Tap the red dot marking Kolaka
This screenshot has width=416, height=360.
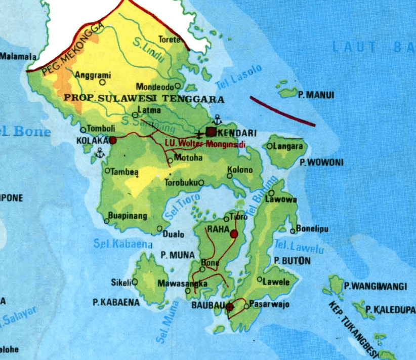click(x=113, y=140)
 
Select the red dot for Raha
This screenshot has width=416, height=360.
click(x=234, y=234)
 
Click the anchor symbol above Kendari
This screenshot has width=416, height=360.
click(x=217, y=121)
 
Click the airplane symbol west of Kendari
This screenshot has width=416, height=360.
click(x=199, y=134)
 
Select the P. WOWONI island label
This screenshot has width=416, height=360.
click(x=321, y=163)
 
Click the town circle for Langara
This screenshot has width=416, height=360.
click(x=270, y=146)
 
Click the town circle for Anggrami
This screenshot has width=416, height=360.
click(x=103, y=82)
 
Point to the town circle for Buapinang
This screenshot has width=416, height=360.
click(x=107, y=221)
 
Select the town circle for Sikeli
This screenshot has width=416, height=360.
click(x=135, y=282)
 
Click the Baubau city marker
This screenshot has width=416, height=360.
click(x=229, y=306)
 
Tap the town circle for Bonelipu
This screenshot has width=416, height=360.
click(x=293, y=231)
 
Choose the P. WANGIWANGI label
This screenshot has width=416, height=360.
click(x=375, y=286)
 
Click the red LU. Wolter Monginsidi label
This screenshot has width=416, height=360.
click(x=205, y=145)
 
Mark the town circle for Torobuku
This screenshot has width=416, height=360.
click(x=201, y=182)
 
